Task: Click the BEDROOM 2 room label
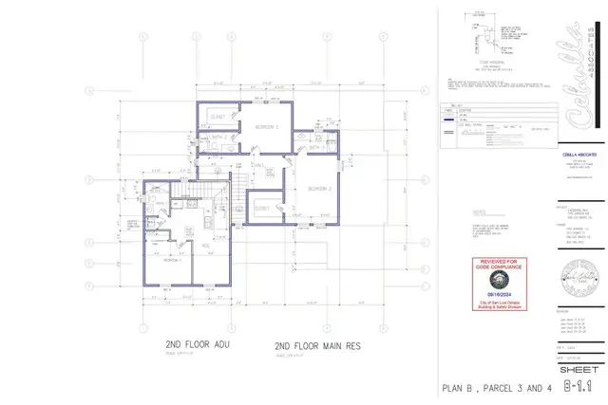pos(265,125)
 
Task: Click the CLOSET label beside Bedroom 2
pos(218,118)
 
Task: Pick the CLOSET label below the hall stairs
pos(263,207)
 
